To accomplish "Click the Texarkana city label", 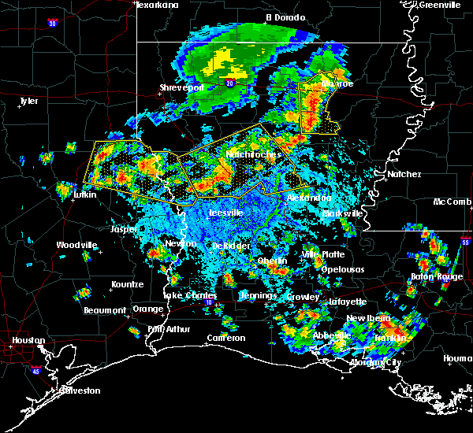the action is point(157,5).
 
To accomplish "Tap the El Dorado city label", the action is point(285,17).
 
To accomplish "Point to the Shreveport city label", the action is point(182,87).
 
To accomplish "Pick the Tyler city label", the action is point(28,101).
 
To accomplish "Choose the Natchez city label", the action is point(404,174).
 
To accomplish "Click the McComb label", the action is point(452,202).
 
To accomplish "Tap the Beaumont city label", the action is point(104,310).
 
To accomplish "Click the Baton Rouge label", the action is point(437,277).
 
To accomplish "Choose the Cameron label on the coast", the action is point(225,338).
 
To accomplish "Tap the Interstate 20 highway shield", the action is point(230,82).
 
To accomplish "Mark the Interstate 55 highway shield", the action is point(465,244).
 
